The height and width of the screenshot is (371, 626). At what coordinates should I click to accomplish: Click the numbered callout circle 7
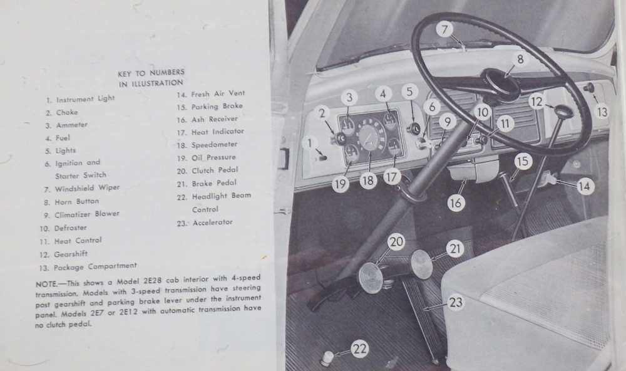coord(444,29)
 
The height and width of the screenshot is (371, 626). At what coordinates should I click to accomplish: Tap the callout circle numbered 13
coord(602,112)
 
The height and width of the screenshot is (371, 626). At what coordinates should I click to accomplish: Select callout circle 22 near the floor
coord(360,348)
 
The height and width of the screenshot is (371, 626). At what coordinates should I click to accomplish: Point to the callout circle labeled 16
coord(456,203)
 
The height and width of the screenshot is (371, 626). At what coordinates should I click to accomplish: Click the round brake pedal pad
coord(421,264)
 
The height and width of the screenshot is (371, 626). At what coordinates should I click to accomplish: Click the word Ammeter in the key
coord(72,125)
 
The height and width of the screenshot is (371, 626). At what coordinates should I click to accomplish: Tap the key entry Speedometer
coord(214,144)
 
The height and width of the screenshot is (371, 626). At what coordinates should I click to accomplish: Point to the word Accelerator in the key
coord(212,222)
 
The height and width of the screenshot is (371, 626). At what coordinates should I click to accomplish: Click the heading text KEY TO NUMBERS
coord(151,73)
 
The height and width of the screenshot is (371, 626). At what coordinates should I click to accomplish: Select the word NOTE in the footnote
coord(46,284)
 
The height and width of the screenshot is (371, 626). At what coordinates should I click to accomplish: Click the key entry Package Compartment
coord(95,267)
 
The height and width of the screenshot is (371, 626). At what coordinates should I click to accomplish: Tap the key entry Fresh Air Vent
coord(218,94)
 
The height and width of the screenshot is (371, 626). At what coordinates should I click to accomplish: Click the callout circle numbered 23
coord(456,302)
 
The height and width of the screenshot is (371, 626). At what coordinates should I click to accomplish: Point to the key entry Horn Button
coord(76,201)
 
